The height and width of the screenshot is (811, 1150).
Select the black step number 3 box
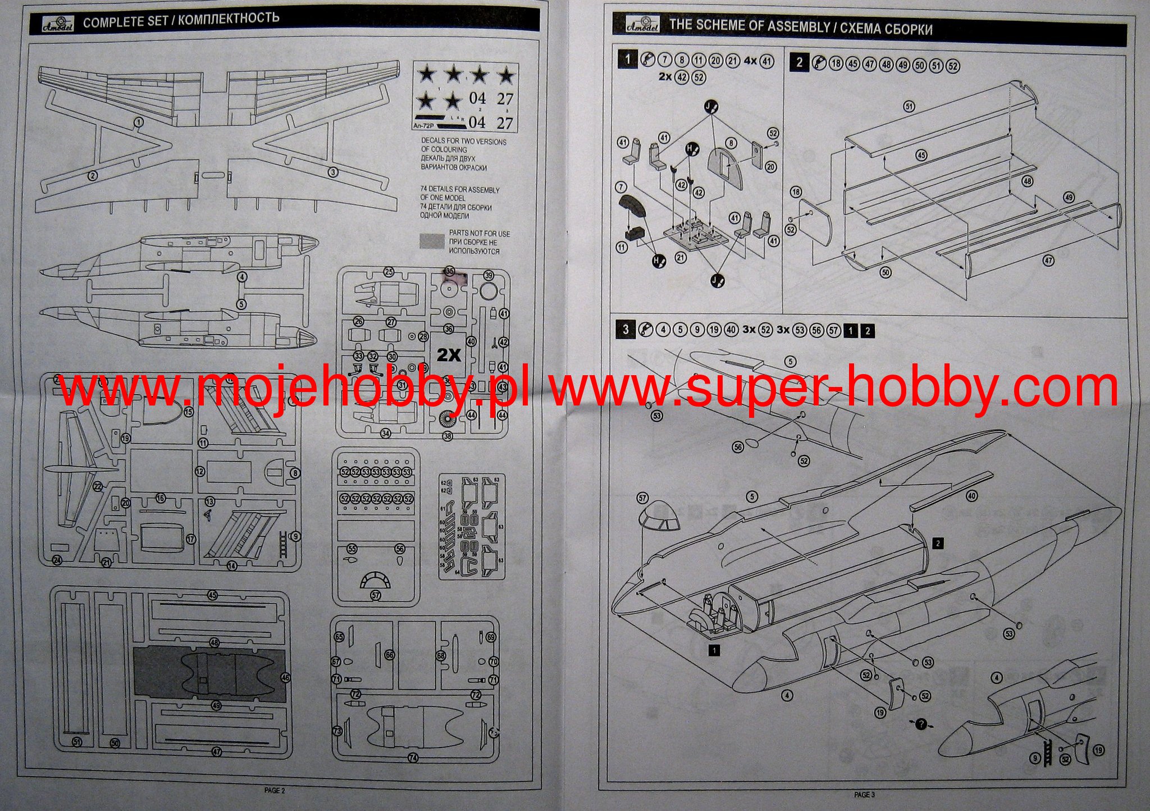point(626,329)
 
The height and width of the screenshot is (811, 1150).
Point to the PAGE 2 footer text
point(275,790)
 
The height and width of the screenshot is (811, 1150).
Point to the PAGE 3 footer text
point(864,794)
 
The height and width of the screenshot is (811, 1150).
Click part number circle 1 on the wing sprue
point(139,122)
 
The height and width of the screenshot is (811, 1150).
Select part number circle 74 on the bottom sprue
point(413,758)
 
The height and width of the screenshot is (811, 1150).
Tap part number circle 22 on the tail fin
point(98,486)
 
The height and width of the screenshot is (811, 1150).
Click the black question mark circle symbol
point(921,724)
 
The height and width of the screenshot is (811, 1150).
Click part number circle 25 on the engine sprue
point(389,272)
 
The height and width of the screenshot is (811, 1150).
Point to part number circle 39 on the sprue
point(489,275)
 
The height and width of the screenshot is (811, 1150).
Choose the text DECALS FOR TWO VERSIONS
point(464,142)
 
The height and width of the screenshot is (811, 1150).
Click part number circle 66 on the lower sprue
point(389,655)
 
